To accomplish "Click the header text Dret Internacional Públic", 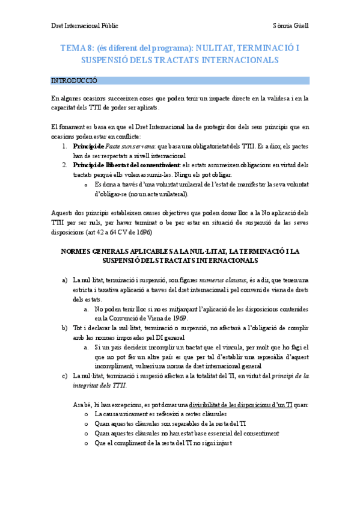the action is pyautogui.click(x=84, y=26).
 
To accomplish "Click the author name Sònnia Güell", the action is pyautogui.click(x=291, y=26).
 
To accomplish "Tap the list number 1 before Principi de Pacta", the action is pyautogui.click(x=65, y=146).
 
